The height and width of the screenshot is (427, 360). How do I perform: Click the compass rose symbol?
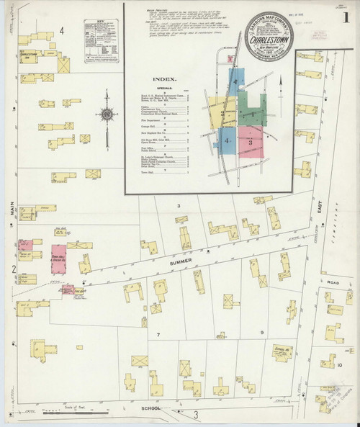click(107, 114)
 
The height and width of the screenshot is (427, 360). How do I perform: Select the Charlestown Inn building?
click(28, 55)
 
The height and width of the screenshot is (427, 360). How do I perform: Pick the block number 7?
click(158, 336)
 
